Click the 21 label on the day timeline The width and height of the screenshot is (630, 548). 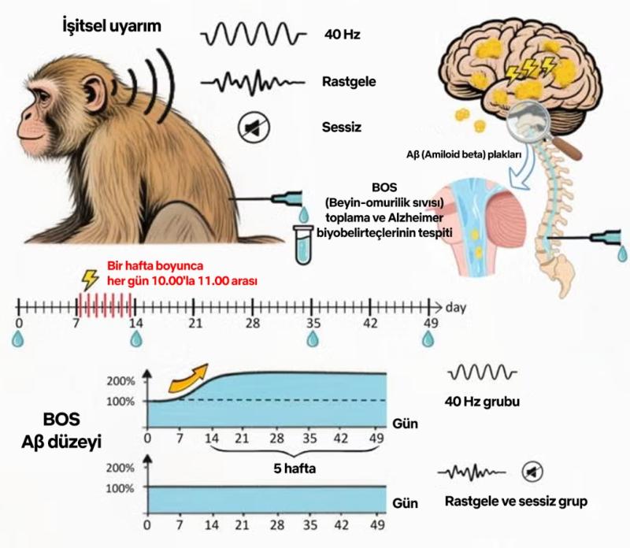tap(195, 323)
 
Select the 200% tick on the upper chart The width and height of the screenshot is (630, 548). tap(122, 381)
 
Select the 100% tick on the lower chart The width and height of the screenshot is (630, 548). tap(122, 488)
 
